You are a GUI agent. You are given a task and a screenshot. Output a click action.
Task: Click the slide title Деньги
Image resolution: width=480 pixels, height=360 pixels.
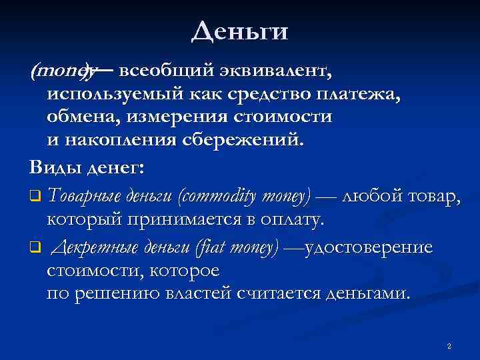pos(239,31)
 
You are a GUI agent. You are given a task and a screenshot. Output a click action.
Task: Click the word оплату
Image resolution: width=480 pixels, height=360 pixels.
pos(288,218)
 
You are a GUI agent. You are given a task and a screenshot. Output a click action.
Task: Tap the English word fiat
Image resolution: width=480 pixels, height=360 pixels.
pos(209,248)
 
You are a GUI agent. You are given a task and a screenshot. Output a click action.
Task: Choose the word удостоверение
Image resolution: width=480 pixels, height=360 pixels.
pos(368,248)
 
